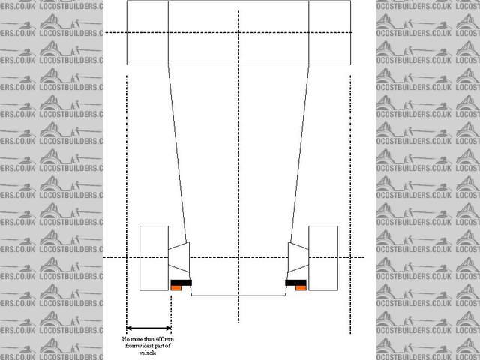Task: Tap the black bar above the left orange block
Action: pyautogui.click(x=181, y=281)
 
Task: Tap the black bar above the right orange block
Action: pyautogui.click(x=295, y=281)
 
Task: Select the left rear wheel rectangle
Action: pyautogui.click(x=153, y=257)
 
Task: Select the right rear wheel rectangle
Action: pyautogui.click(x=323, y=257)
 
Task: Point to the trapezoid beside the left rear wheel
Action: pyautogui.click(x=180, y=259)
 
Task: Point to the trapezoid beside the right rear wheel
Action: pyautogui.click(x=296, y=259)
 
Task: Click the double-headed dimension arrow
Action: pyautogui.click(x=148, y=328)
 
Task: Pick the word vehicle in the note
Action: pyautogui.click(x=148, y=352)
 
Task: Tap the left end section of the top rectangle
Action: pyautogui.click(x=148, y=33)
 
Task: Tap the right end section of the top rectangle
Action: pyautogui.click(x=329, y=33)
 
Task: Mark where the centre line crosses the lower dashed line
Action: pyautogui.click(x=238, y=257)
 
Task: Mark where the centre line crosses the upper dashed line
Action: pyautogui.click(x=238, y=32)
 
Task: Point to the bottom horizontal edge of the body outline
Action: pyautogui.click(x=238, y=295)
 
